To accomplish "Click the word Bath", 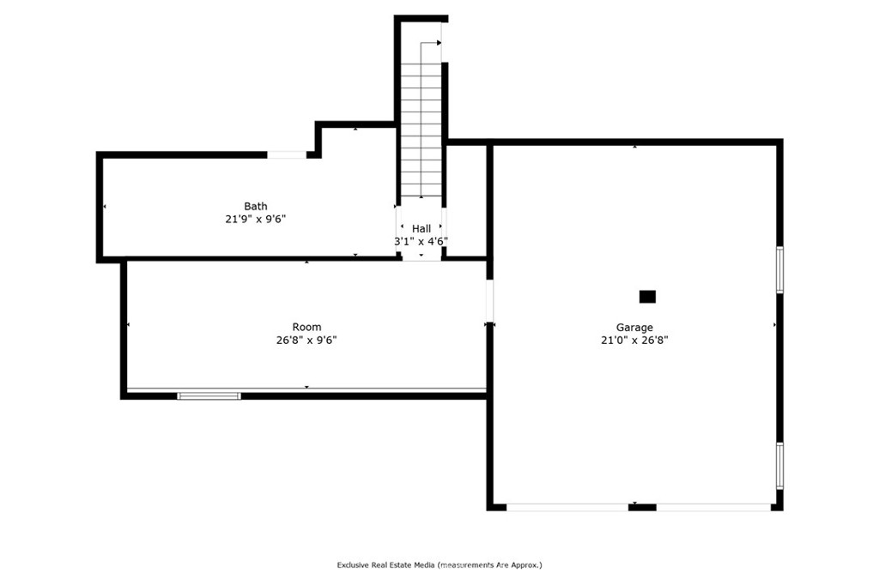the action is click(x=256, y=206).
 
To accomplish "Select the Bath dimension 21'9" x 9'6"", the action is click(x=256, y=219).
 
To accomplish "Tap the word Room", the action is click(x=306, y=327).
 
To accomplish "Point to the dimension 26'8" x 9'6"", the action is click(x=306, y=340).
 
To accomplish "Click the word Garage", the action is click(x=634, y=328).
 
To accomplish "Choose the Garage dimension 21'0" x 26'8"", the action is click(x=634, y=340).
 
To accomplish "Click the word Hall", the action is click(x=421, y=229).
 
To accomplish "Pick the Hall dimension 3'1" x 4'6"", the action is click(x=421, y=242).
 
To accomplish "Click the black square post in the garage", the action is click(x=647, y=297).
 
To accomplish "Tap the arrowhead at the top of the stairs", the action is click(x=439, y=43).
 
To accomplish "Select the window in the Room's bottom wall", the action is click(x=209, y=396).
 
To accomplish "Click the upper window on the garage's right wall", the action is click(x=779, y=269).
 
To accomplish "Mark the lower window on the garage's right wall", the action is click(x=779, y=466).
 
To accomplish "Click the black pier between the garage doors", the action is click(x=642, y=508).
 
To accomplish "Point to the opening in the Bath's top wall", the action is click(x=287, y=154).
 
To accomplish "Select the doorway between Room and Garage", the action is click(x=489, y=301).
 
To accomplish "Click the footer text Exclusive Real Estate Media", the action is click(x=385, y=565).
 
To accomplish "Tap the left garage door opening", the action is click(x=567, y=508).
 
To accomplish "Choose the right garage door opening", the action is click(x=713, y=508).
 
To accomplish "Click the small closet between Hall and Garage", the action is click(x=466, y=201).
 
